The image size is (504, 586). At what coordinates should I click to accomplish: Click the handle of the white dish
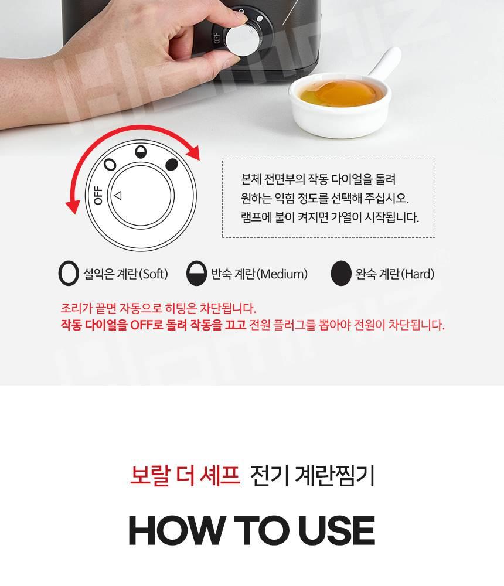(383, 63)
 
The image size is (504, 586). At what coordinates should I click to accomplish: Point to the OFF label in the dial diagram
(98, 195)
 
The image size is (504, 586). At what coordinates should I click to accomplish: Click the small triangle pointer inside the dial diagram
(118, 196)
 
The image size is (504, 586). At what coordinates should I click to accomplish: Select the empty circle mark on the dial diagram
(110, 165)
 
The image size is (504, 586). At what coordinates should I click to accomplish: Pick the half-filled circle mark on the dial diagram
(141, 152)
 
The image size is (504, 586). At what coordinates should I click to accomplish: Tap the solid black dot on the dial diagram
(172, 165)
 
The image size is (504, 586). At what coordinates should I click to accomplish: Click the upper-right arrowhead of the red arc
(194, 152)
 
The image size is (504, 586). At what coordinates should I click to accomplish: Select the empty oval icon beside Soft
(69, 273)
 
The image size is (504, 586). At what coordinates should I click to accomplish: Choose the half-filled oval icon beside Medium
(197, 273)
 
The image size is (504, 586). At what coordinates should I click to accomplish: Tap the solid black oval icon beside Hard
(341, 273)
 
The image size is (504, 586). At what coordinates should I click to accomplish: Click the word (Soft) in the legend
(154, 274)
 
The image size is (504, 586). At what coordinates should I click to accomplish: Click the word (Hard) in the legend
(418, 274)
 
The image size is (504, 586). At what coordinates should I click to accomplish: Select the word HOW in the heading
(176, 531)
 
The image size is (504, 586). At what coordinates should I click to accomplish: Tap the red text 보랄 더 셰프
(185, 475)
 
